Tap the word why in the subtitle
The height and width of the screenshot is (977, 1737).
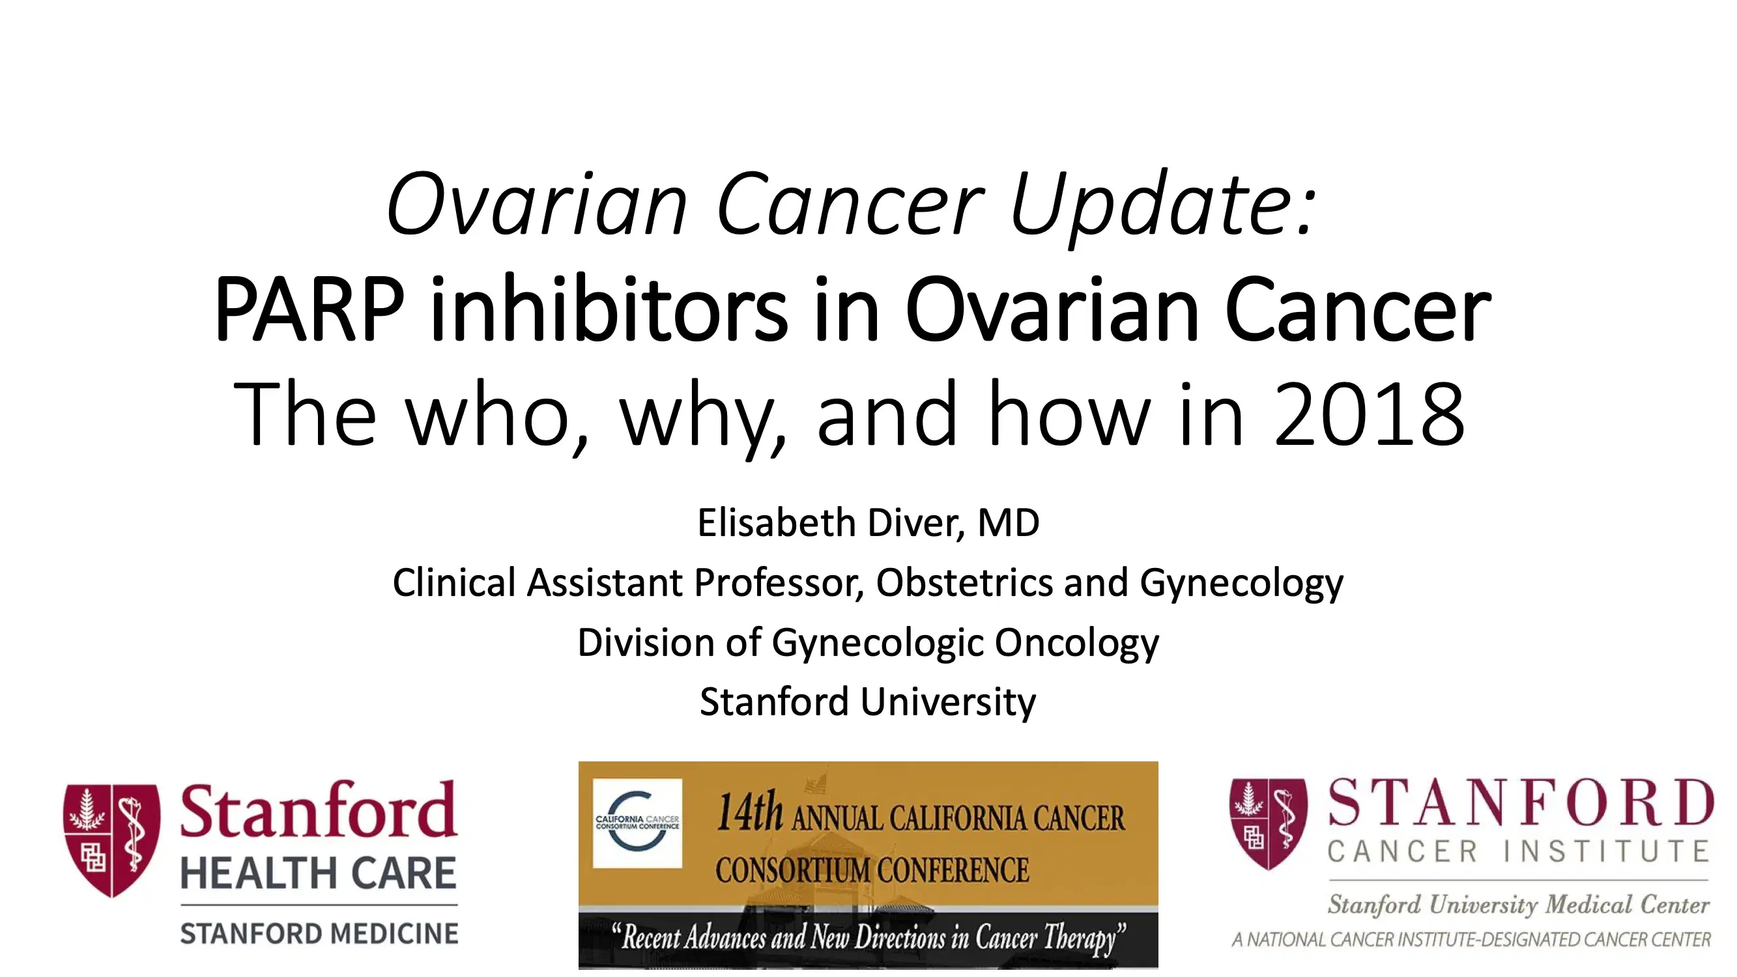[701, 414]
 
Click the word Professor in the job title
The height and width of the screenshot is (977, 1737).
[779, 582]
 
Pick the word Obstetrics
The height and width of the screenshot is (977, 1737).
[964, 582]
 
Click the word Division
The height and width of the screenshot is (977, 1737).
[644, 642]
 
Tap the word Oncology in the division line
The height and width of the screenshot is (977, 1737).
[1076, 642]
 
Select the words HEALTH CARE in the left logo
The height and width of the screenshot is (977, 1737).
[318, 873]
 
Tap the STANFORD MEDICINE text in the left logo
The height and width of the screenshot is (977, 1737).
[318, 934]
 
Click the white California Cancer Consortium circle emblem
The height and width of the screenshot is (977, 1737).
[637, 823]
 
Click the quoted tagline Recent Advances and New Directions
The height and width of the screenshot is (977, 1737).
[868, 937]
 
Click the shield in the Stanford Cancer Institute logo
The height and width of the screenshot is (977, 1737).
[1269, 823]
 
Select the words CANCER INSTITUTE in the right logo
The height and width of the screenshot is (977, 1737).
[1517, 851]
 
